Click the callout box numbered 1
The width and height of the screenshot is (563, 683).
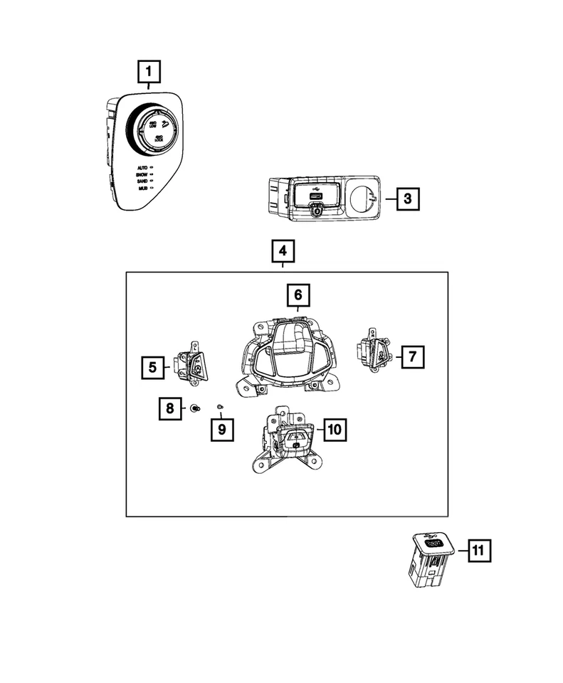(149, 72)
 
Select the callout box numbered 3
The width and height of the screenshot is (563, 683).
(406, 198)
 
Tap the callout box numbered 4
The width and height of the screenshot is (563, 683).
(283, 252)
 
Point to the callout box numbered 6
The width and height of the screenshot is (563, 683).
(298, 294)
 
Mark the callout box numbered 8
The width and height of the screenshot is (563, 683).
(170, 408)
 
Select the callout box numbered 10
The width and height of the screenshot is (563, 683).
(335, 429)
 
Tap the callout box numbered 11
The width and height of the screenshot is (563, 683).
(478, 551)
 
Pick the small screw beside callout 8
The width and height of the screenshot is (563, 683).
(194, 408)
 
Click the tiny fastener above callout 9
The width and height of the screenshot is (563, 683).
(221, 406)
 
